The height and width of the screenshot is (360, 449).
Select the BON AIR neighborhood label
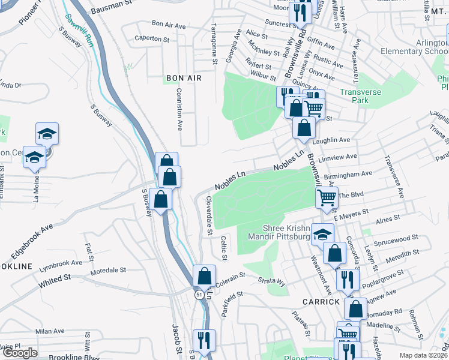click(x=184, y=78)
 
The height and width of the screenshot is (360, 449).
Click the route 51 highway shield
click(x=199, y=295)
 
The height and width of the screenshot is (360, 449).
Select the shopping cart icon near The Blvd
click(x=326, y=197)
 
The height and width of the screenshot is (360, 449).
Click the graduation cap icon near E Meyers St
click(x=322, y=235)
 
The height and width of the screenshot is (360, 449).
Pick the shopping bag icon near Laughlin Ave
click(x=305, y=127)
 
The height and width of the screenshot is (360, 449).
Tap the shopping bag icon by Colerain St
click(x=205, y=277)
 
